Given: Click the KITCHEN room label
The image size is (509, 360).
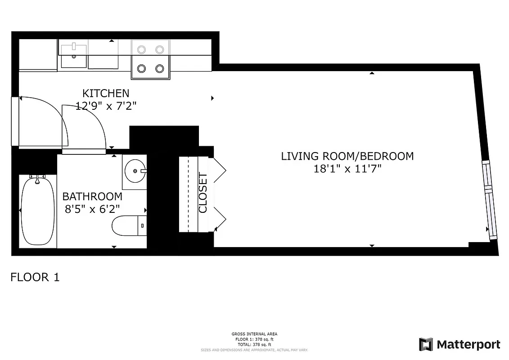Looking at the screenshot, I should click(x=106, y=93).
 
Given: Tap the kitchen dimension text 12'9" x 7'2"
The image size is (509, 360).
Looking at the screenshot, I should click(x=106, y=106).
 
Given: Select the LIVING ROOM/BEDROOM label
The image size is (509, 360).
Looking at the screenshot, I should click(x=347, y=156).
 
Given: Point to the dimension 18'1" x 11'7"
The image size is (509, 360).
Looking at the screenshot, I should click(x=347, y=169).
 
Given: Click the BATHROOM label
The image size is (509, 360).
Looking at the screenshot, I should click(x=92, y=197).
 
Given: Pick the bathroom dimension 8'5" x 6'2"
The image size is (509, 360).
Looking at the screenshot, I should click(x=92, y=210).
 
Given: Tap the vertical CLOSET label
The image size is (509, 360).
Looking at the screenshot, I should click(x=203, y=193).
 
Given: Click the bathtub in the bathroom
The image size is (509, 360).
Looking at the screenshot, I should click(x=37, y=210).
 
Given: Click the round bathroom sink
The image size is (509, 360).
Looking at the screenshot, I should click(x=134, y=171).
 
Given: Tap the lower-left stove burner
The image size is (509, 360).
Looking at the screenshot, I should click(x=141, y=68).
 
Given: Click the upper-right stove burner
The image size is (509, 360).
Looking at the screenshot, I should click(x=159, y=49).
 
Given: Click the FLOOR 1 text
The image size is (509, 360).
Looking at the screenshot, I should click(x=35, y=277).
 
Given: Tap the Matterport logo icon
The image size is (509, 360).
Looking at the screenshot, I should click(x=426, y=345).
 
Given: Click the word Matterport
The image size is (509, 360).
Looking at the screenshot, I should click(x=468, y=345).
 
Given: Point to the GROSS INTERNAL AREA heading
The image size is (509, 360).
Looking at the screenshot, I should click(x=254, y=334).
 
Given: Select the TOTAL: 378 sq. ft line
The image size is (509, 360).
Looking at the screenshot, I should click(x=254, y=344).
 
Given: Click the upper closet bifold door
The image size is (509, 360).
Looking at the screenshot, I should click(x=220, y=170).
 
